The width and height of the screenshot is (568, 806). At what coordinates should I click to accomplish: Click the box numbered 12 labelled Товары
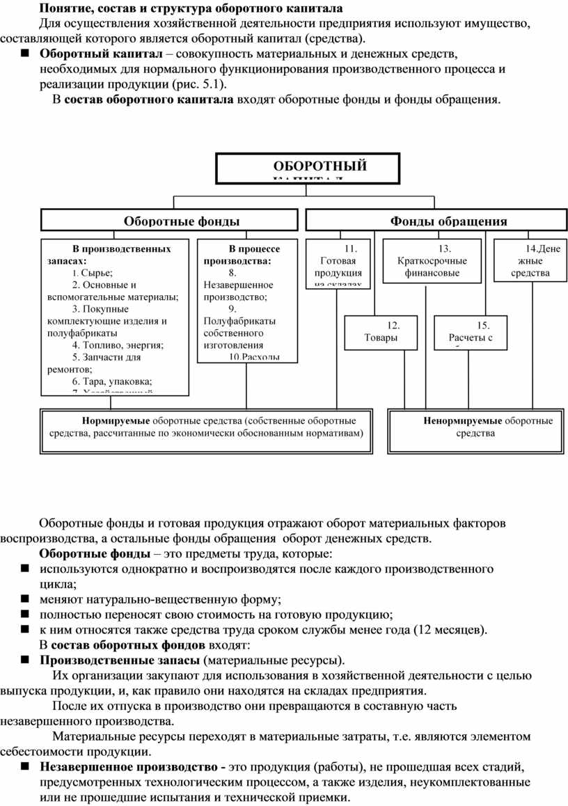pyautogui.click(x=381, y=331)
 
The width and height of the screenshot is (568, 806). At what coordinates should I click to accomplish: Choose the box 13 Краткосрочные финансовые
pyautogui.click(x=432, y=260)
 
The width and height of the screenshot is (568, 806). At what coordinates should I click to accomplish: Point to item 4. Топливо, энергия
pyautogui.click(x=117, y=345)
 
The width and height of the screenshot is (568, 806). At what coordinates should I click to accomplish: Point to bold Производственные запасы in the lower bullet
pyautogui.click(x=118, y=659)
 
